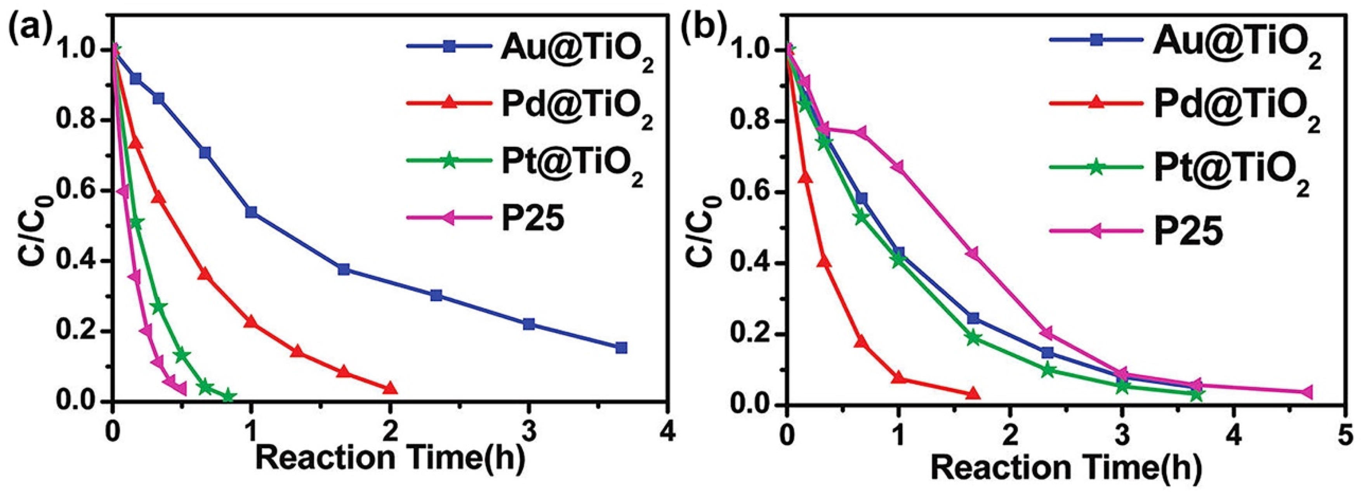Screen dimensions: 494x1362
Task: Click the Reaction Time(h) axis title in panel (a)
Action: coord(390,458)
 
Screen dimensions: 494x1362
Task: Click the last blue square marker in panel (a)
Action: coord(621,348)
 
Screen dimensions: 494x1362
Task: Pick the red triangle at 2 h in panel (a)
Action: coord(390,388)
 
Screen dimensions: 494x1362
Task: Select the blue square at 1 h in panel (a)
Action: coord(251,212)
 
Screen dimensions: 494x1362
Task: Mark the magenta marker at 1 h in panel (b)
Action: coord(898,167)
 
